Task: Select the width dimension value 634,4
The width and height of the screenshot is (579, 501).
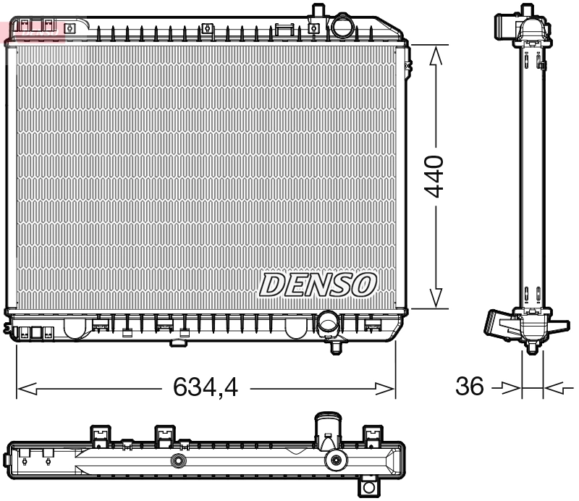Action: (x=206, y=389)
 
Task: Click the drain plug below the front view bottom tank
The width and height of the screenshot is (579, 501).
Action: (x=336, y=348)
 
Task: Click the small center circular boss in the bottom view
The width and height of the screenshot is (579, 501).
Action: (x=177, y=461)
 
